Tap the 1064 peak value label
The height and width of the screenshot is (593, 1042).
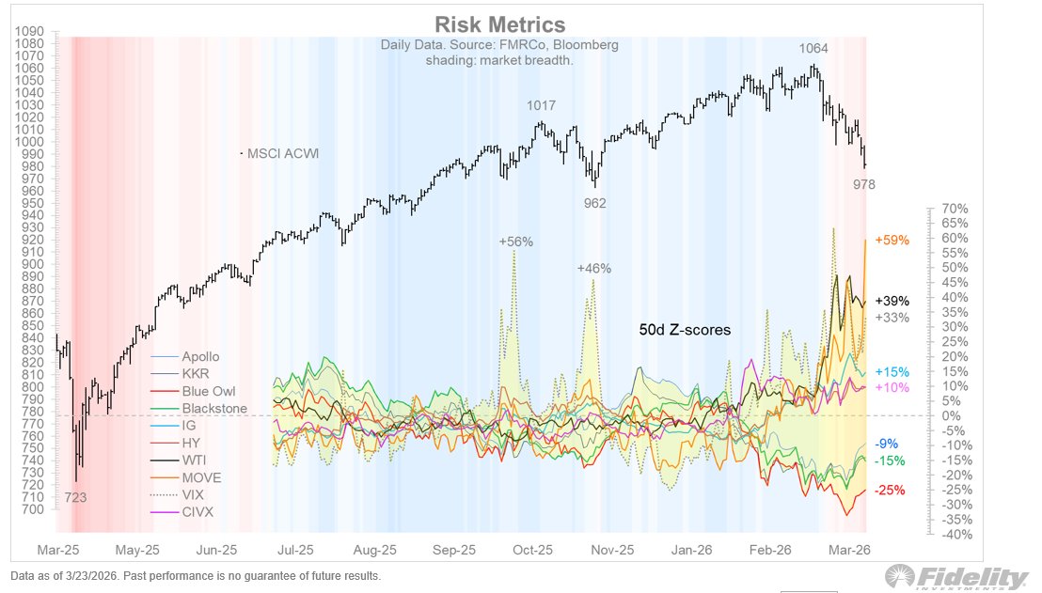(x=814, y=49)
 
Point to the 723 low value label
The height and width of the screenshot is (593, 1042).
(x=76, y=497)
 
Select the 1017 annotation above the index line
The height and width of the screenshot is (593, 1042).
(x=542, y=105)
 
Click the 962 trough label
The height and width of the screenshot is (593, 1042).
(x=594, y=202)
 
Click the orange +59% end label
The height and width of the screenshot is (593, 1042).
(x=892, y=241)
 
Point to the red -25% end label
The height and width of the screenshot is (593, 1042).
(x=890, y=491)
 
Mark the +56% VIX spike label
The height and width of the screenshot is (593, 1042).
(x=515, y=242)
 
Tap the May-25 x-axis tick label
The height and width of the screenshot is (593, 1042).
(x=137, y=550)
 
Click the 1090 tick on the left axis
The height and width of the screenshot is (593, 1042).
(x=30, y=31)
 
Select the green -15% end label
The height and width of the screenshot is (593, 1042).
(x=890, y=460)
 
